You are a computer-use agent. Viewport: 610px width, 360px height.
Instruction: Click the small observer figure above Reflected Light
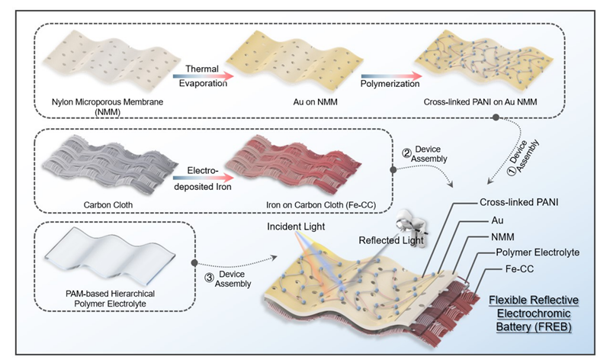(416, 223)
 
